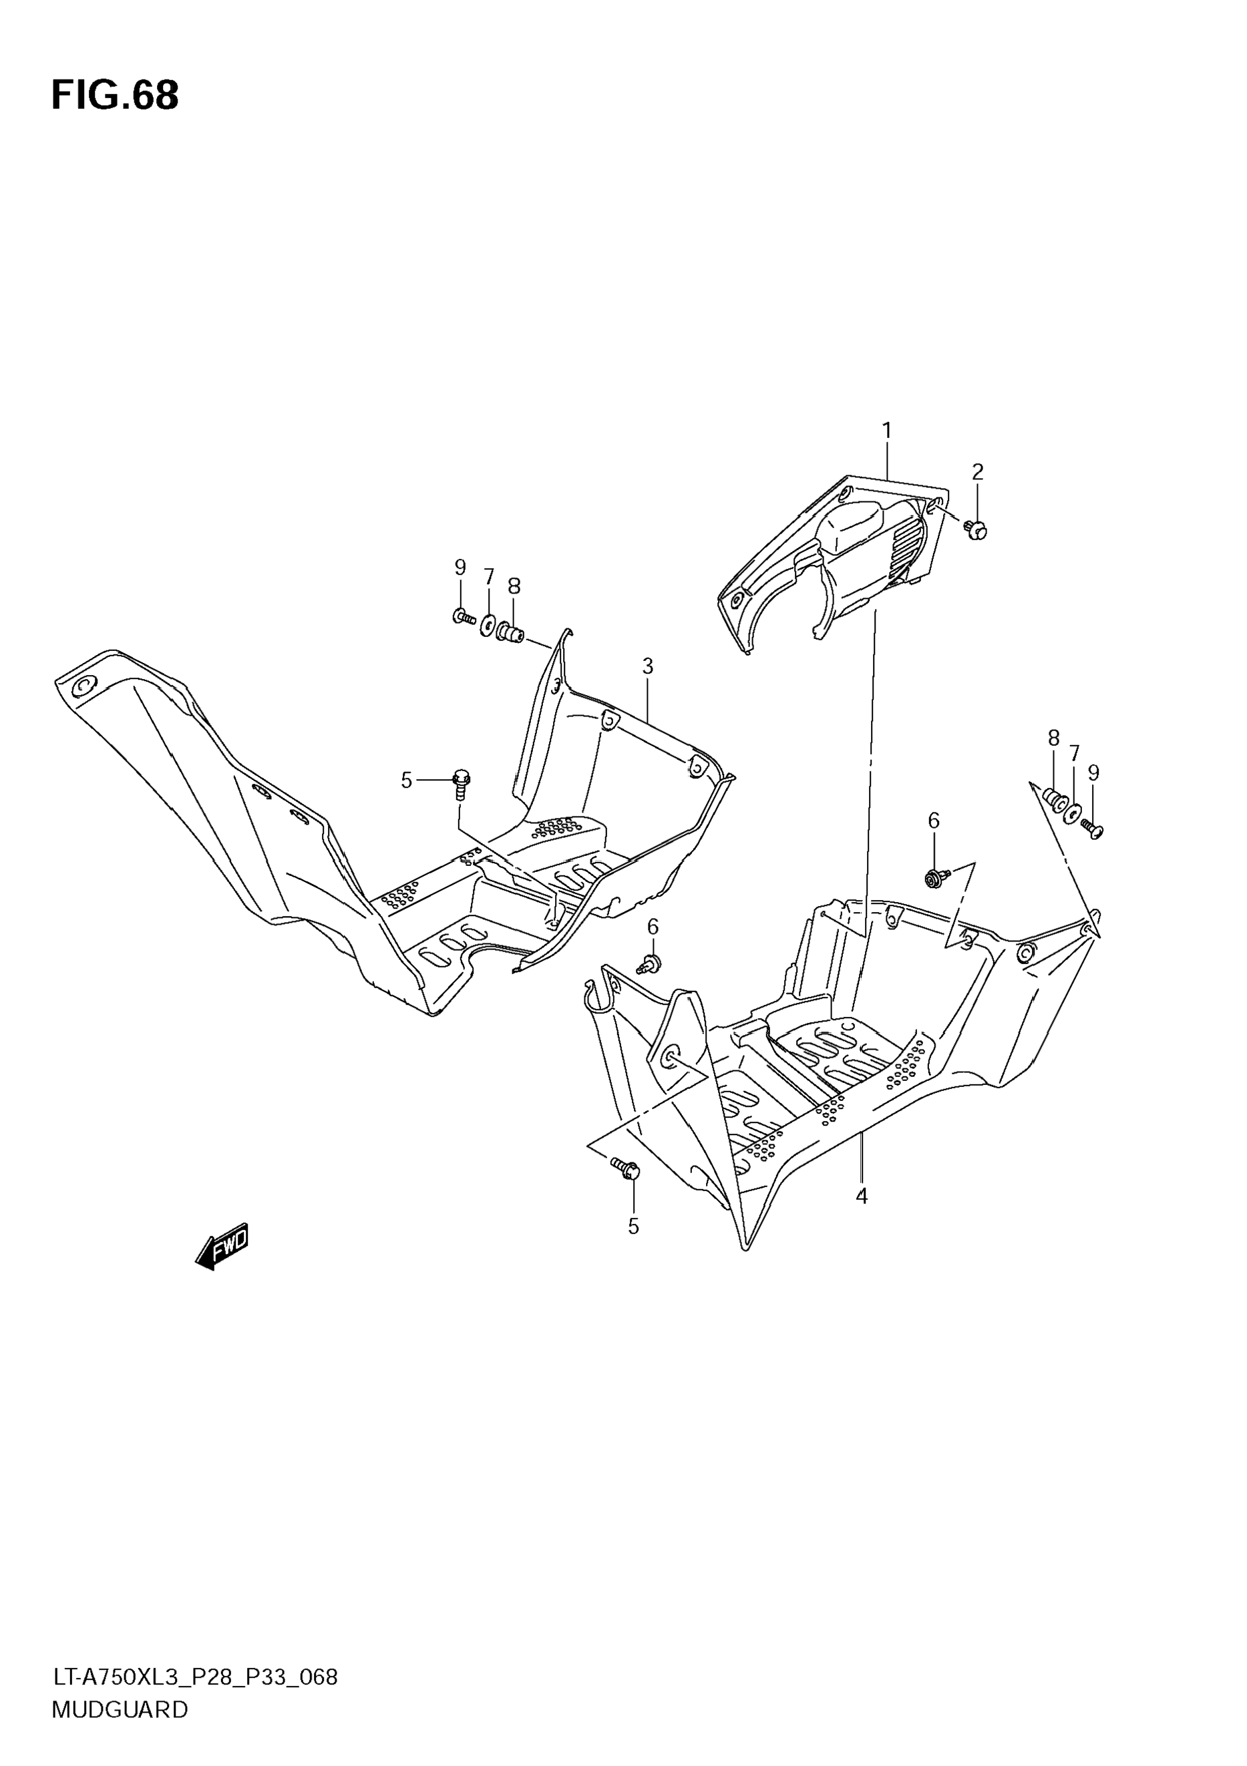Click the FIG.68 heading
115,96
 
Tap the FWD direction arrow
223,1245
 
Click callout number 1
886,431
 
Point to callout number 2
977,472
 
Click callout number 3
647,666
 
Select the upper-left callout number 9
460,568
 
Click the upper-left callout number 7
488,577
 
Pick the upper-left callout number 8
514,587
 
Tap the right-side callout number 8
1053,738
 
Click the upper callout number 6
933,821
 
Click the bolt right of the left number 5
461,783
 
